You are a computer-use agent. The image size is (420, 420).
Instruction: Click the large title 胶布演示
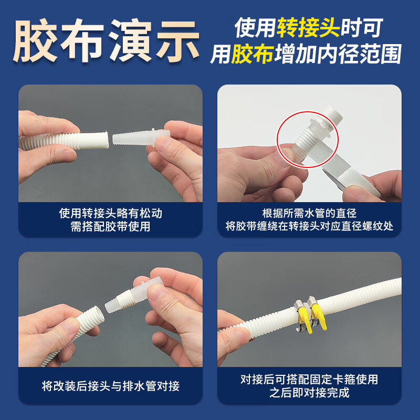pyautogui.click(x=107, y=41)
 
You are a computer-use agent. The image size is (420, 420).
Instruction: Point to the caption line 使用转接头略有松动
pyautogui.click(x=110, y=214)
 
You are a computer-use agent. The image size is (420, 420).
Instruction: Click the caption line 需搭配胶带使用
pyautogui.click(x=110, y=227)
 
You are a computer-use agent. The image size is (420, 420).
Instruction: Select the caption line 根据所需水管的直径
pyautogui.click(x=309, y=214)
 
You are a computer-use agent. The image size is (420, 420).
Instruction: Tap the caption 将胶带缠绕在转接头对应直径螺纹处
pyautogui.click(x=309, y=227)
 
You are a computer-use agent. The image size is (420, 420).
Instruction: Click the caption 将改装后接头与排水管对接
pyautogui.click(x=110, y=386)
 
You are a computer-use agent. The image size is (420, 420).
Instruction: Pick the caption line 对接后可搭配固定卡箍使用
pyautogui.click(x=309, y=380)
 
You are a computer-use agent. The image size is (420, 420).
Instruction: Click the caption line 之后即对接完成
pyautogui.click(x=309, y=393)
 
